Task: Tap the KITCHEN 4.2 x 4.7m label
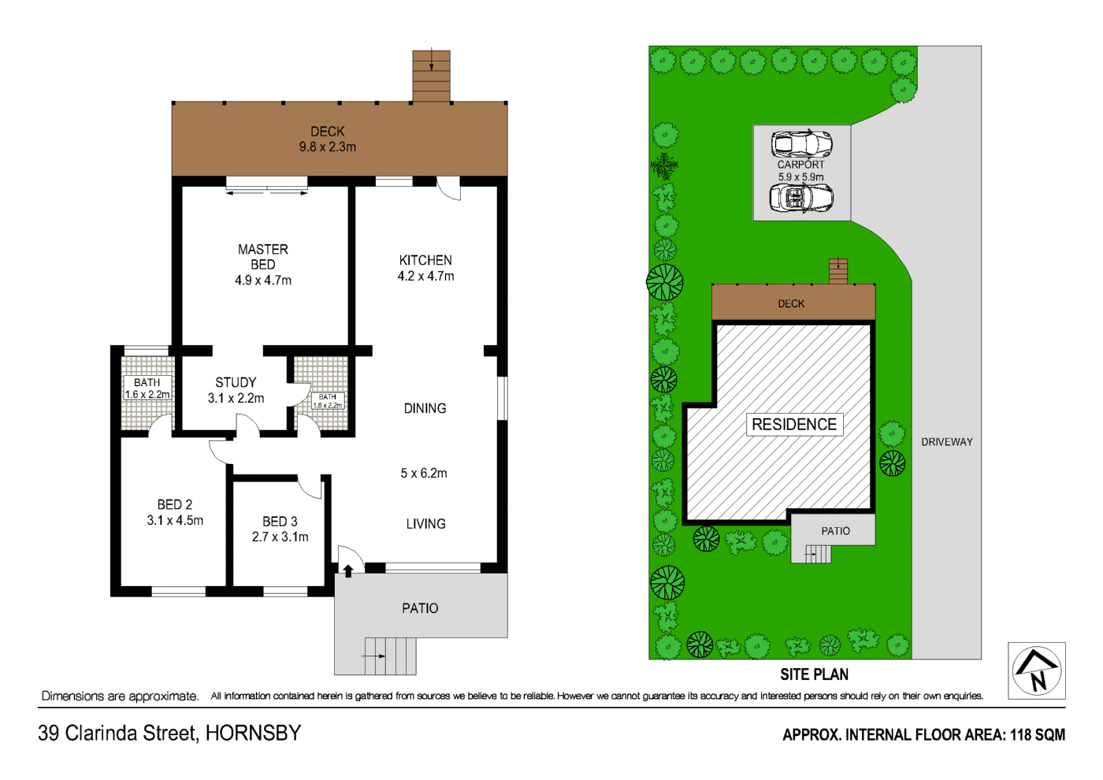(x=425, y=268)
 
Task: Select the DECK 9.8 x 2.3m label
(x=327, y=139)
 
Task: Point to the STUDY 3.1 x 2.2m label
(x=236, y=390)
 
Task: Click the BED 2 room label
(x=175, y=512)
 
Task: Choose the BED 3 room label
(x=280, y=529)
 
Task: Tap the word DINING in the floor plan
(x=425, y=408)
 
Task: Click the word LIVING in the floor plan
(x=425, y=524)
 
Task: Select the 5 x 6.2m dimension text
(x=424, y=474)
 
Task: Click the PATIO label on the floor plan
(x=420, y=608)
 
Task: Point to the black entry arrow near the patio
(x=348, y=570)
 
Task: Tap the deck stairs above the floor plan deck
(x=431, y=76)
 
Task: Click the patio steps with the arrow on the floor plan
(x=389, y=656)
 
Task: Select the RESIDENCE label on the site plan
(x=794, y=425)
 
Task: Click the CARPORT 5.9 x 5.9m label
(x=800, y=170)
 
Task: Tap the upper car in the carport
(x=800, y=144)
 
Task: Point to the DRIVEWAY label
(x=947, y=442)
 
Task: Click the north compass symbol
(x=1037, y=670)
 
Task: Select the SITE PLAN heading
(x=814, y=674)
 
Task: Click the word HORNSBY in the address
(x=253, y=733)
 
